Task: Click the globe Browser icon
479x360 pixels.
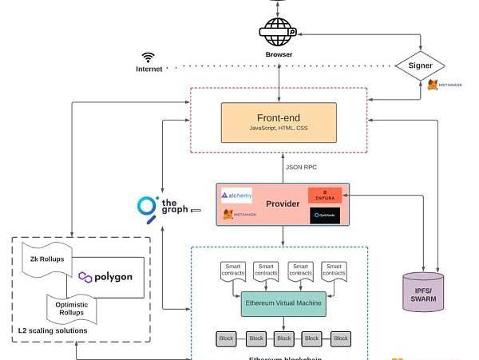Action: (279, 34)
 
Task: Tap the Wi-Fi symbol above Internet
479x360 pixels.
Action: (148, 57)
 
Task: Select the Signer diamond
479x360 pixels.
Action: (421, 65)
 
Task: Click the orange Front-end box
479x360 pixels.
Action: (279, 122)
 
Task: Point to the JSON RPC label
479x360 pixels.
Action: (301, 167)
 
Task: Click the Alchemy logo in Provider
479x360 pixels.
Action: (237, 194)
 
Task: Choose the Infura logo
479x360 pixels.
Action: (325, 195)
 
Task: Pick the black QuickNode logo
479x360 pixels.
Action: (325, 215)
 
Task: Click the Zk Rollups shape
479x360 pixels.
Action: (49, 260)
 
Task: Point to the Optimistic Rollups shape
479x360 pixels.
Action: (73, 308)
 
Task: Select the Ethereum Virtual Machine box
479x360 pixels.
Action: (279, 304)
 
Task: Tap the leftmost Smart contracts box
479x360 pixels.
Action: (234, 272)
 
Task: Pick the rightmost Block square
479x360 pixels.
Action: (341, 338)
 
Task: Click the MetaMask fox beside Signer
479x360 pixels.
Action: (433, 84)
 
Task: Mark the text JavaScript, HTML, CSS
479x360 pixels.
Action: (279, 128)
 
